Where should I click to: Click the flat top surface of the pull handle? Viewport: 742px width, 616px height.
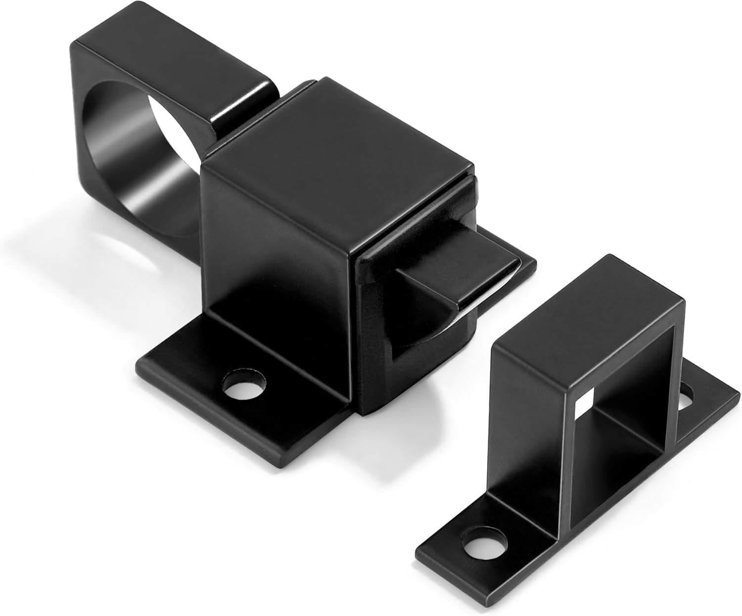point(168,54)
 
